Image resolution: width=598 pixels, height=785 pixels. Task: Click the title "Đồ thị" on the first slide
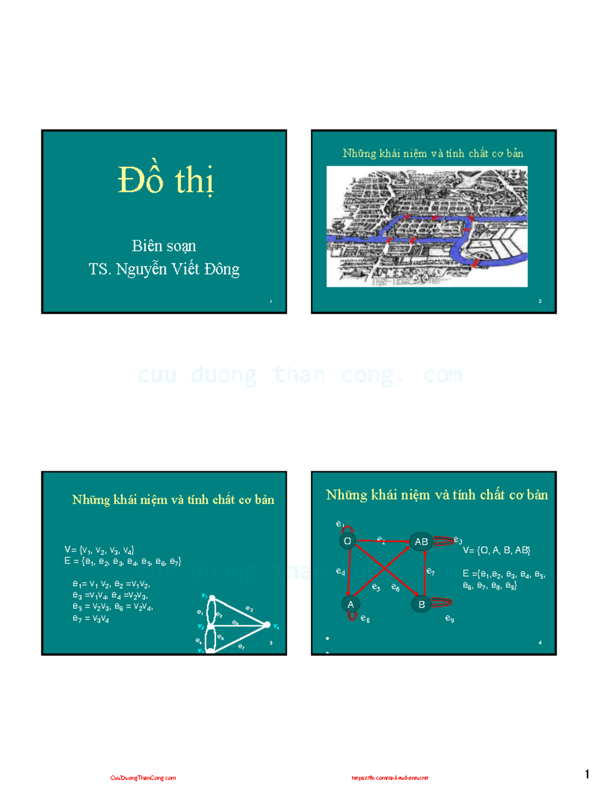tap(165, 180)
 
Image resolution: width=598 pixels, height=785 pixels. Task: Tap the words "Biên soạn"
tap(164, 246)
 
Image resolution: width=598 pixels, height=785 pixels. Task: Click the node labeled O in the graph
tap(347, 541)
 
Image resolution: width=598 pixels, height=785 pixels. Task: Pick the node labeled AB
tap(421, 541)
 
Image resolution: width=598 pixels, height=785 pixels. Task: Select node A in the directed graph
tap(350, 604)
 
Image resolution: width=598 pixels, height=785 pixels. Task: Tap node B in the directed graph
tap(421, 604)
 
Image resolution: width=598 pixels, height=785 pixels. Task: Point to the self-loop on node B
tap(441, 603)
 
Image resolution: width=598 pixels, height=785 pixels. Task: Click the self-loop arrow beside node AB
tap(444, 541)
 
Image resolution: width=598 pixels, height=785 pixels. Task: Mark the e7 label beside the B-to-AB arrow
tap(431, 571)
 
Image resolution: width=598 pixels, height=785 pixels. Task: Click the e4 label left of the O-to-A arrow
tap(340, 571)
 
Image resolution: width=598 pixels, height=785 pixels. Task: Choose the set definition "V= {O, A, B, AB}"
tap(496, 550)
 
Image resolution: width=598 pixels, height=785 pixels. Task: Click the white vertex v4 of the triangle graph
tap(267, 625)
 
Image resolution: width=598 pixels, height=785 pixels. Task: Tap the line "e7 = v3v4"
tap(91, 619)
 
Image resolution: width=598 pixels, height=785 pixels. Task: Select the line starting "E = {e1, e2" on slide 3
tap(123, 562)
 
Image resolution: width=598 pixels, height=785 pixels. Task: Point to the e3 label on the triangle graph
tap(249, 609)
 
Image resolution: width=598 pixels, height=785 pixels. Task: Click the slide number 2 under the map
tap(540, 301)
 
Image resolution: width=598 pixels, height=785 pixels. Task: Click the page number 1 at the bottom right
tap(587, 774)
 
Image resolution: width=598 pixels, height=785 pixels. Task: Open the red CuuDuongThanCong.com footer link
tap(143, 778)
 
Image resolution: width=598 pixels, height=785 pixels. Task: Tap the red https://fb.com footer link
tap(390, 778)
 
